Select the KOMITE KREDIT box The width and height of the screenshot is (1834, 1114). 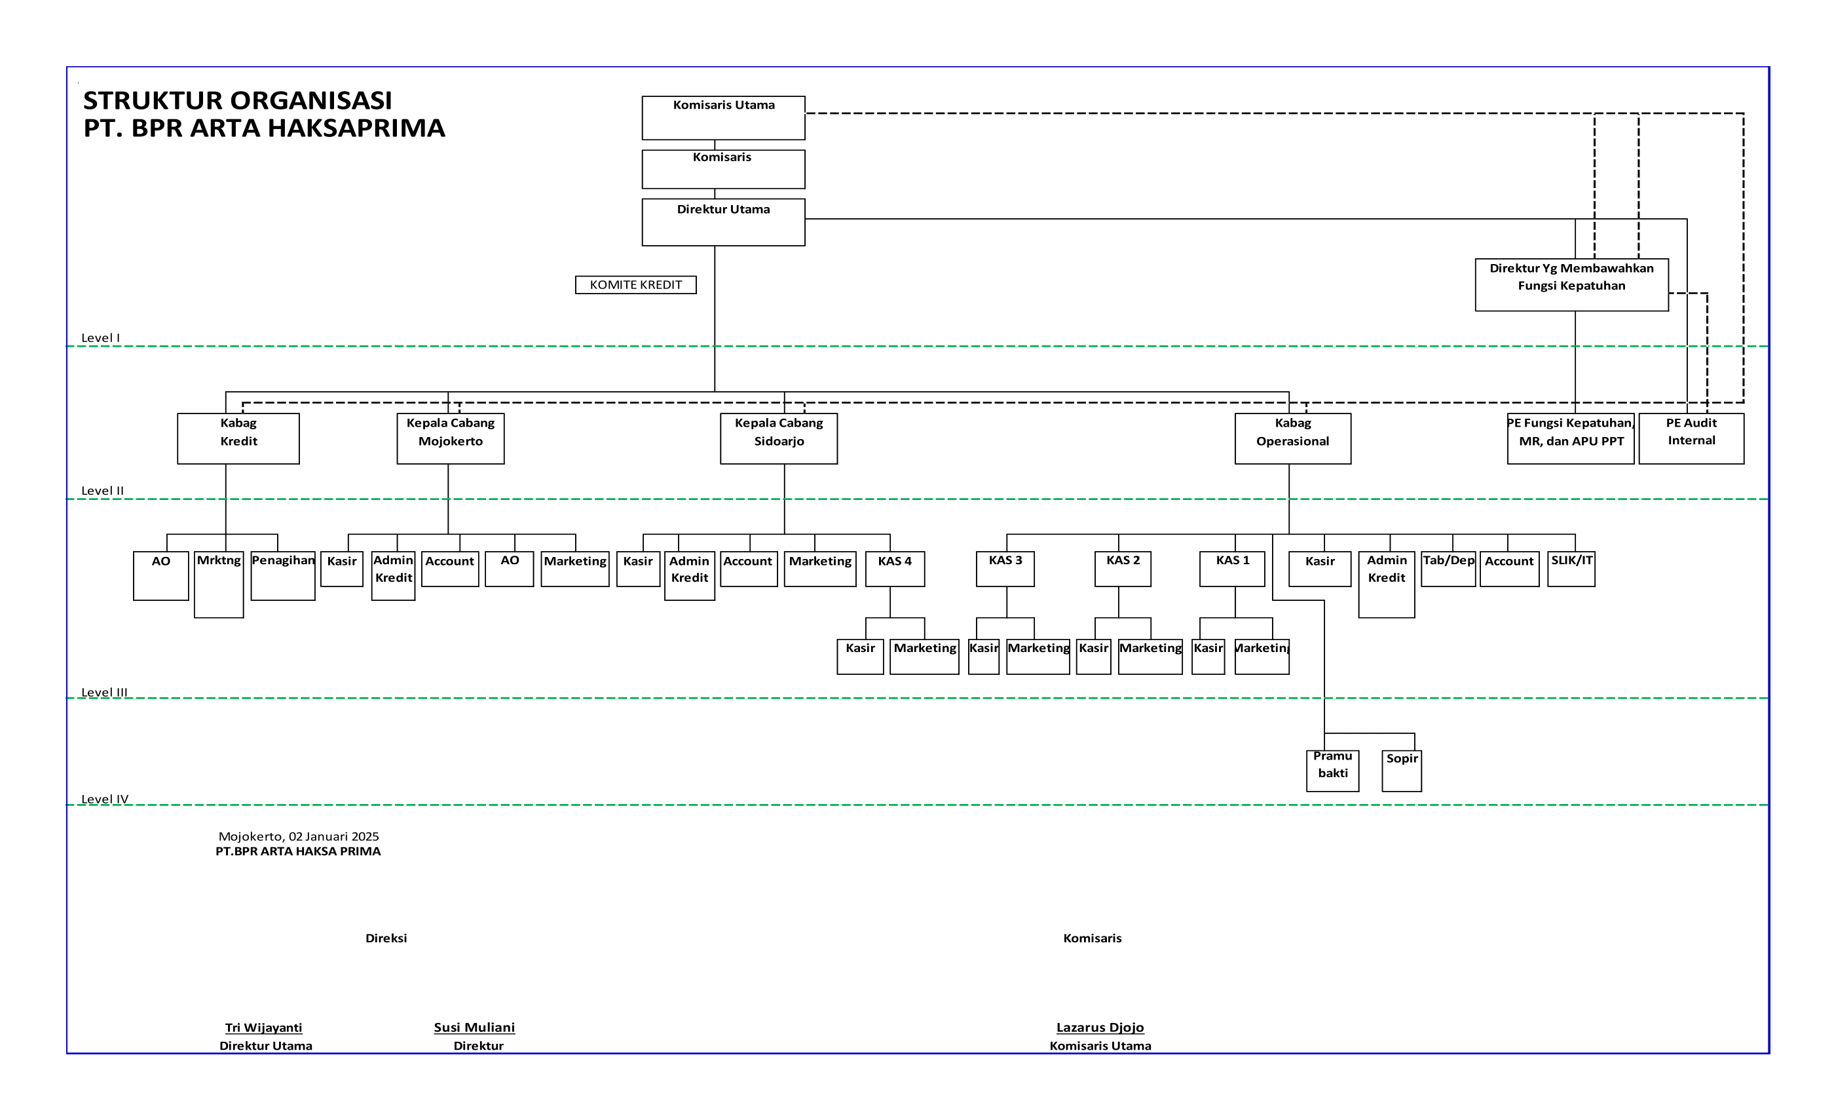pos(635,284)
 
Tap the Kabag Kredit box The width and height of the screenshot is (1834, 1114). pos(238,438)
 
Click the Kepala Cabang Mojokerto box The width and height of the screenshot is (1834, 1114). pos(451,438)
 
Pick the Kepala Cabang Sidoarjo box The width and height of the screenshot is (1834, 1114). pos(779,438)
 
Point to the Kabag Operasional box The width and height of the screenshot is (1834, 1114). pos(1292,438)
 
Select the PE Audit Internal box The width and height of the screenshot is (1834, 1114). pos(1691,438)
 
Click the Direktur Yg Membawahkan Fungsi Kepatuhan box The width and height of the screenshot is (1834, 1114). pos(1571,284)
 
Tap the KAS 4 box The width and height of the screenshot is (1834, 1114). pos(895,568)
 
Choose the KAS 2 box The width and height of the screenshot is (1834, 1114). pos(1123,568)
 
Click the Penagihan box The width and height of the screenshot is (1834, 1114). pos(283,575)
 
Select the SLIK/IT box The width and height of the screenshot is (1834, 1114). pos(1571,568)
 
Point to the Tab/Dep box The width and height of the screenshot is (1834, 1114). pos(1448,568)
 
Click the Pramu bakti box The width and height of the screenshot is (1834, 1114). pos(1332,770)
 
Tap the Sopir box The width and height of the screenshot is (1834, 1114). pos(1402,770)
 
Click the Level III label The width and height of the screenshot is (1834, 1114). pos(104,692)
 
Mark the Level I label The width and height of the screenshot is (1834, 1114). pos(100,337)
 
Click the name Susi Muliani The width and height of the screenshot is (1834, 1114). pos(474,1027)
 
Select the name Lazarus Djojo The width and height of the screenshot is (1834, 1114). pos(1099,1027)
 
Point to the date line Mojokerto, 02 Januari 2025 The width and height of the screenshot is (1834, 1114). pos(299,836)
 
